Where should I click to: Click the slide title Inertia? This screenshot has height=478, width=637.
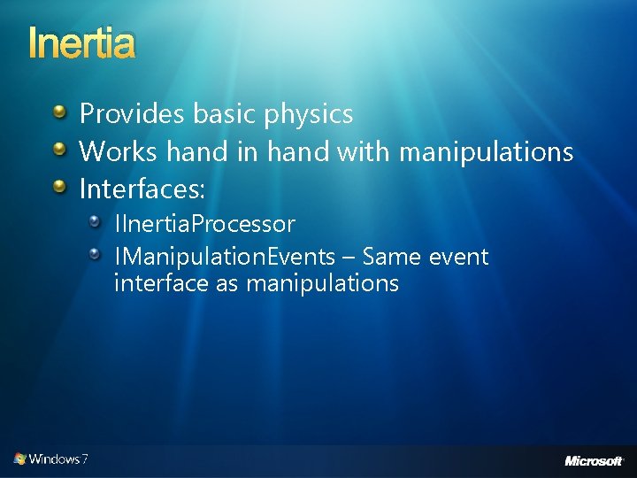click(x=81, y=42)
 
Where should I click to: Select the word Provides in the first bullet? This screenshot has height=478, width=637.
click(x=130, y=114)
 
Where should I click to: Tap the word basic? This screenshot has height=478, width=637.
click(x=220, y=114)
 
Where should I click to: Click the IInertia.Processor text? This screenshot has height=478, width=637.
click(x=204, y=225)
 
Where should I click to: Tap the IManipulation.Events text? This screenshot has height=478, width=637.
click(x=225, y=258)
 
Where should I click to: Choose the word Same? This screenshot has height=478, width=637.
click(x=392, y=258)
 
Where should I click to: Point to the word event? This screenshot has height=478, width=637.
click(x=458, y=258)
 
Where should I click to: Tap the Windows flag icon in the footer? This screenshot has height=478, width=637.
click(x=19, y=459)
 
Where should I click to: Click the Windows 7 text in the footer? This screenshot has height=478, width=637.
click(x=58, y=459)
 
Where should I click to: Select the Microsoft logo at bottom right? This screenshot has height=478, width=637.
click(x=594, y=460)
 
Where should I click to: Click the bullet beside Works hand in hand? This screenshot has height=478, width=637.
click(x=58, y=150)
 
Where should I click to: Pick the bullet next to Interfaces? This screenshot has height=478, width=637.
click(x=58, y=187)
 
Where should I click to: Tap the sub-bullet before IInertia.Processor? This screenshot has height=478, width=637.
click(x=95, y=221)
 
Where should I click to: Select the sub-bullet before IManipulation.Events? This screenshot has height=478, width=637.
click(x=95, y=255)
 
